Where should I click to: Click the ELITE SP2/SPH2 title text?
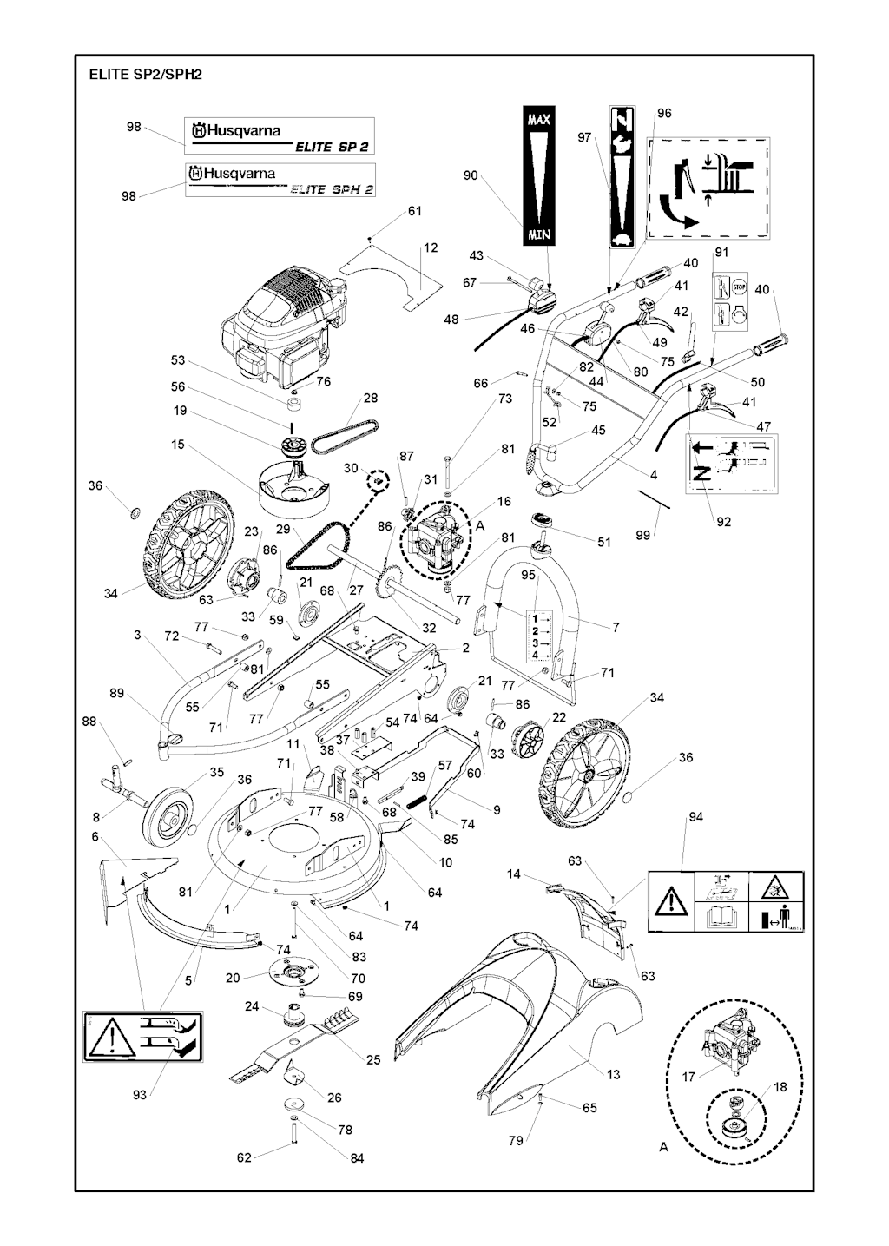[x=145, y=75]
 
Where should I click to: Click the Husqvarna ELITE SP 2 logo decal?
[x=280, y=136]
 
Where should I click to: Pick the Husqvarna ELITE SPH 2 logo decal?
[x=280, y=180]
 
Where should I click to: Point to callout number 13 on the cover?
[x=614, y=1075]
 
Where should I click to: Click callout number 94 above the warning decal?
[x=695, y=817]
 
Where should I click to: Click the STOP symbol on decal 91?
[x=739, y=287]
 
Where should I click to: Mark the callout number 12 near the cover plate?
[x=431, y=248]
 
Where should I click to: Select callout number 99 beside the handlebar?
[x=642, y=536]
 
